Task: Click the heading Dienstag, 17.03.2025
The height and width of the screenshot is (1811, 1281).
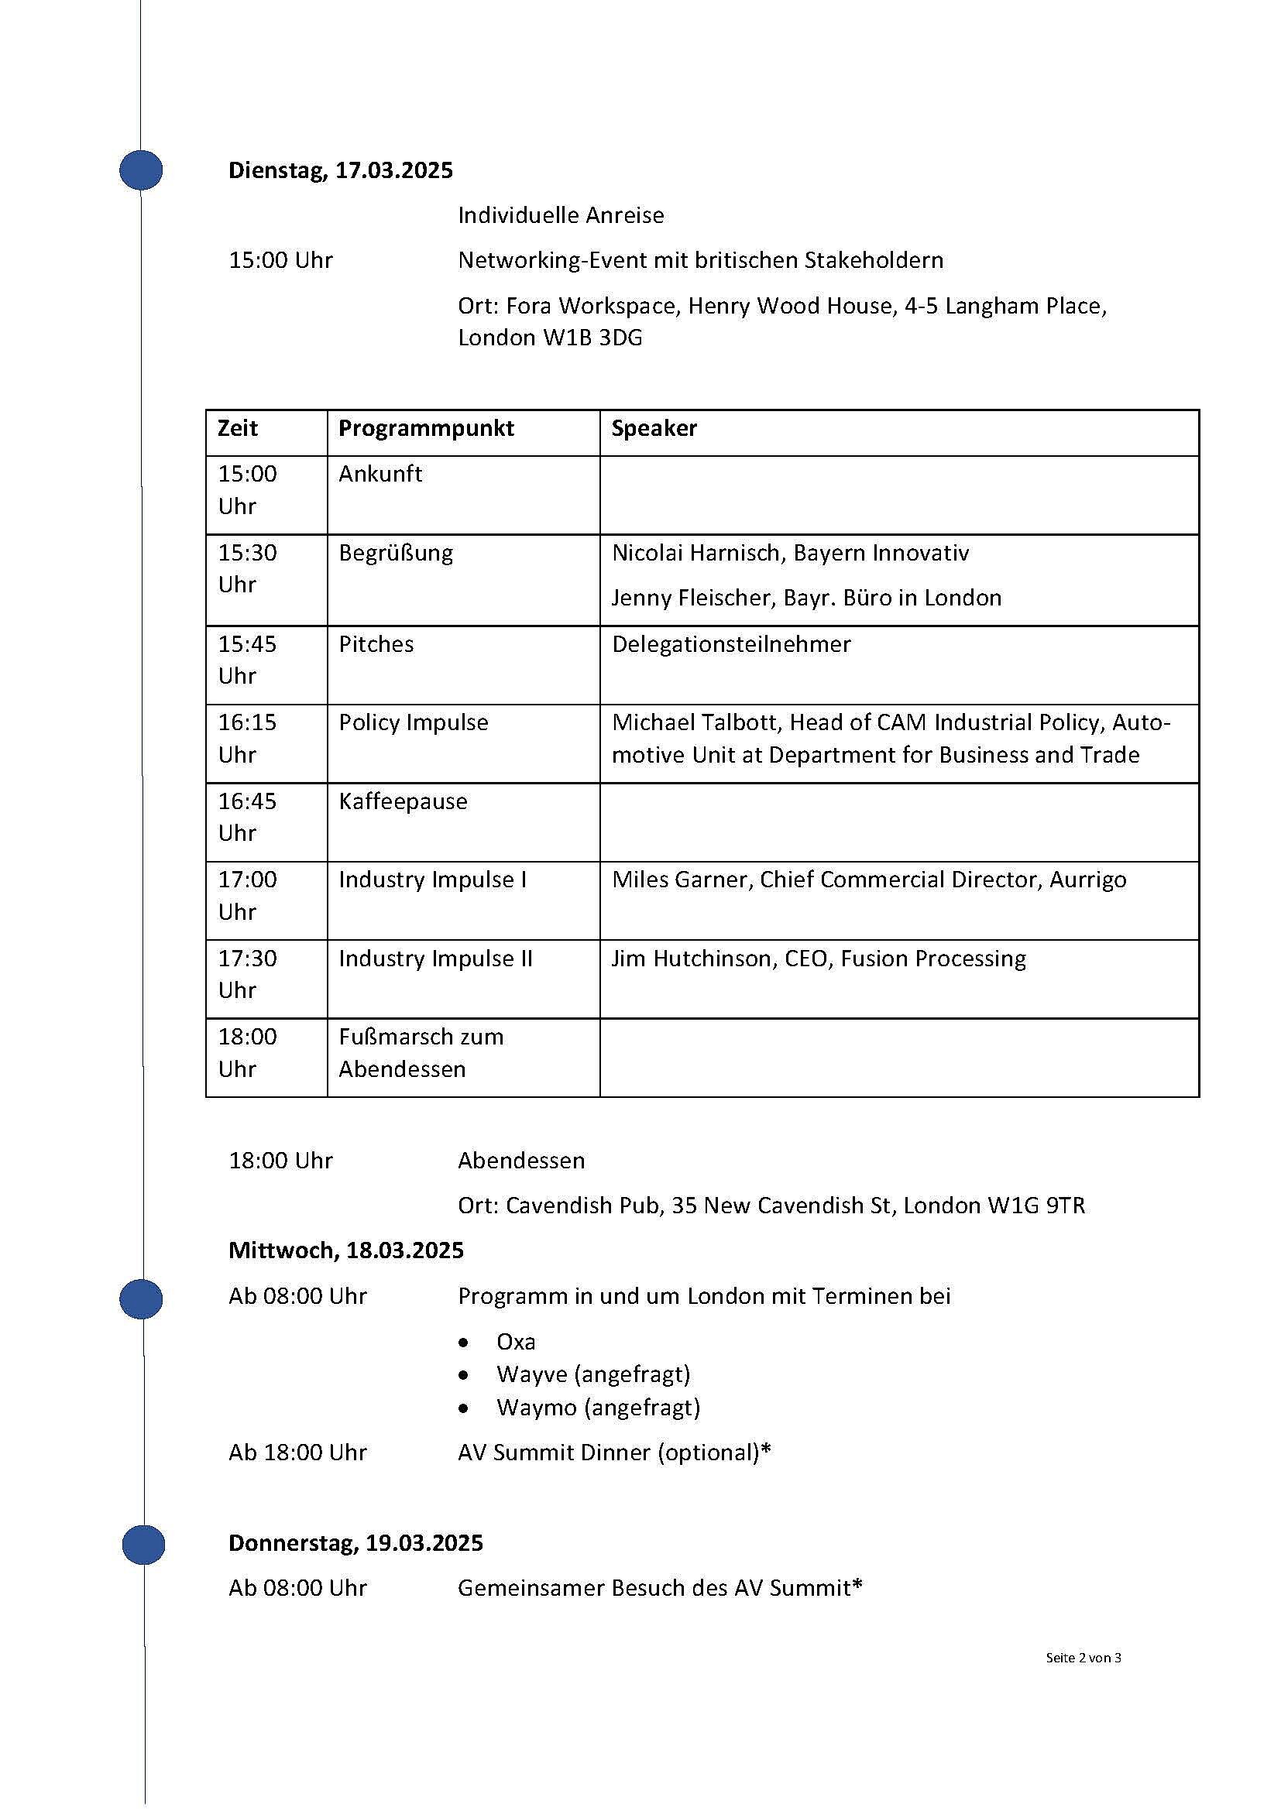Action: pos(341,170)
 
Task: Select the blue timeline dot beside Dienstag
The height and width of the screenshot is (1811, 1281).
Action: pos(141,170)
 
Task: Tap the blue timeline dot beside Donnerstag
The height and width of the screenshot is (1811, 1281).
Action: pos(143,1545)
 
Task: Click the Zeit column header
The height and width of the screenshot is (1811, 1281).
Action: pos(238,428)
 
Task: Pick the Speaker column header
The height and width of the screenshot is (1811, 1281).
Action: pos(654,428)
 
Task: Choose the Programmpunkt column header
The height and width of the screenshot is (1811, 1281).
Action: pos(426,428)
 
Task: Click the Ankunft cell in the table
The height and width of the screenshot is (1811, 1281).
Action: pos(380,474)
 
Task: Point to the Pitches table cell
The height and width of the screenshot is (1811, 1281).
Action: pos(376,644)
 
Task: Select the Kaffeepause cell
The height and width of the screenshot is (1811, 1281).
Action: pos(403,801)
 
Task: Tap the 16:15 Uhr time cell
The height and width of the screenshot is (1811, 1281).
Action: pos(247,739)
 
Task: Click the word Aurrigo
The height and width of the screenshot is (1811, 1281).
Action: pos(1087,880)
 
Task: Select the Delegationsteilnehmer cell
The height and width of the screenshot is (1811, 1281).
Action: pos(731,644)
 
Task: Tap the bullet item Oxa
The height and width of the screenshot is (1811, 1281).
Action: pos(516,1342)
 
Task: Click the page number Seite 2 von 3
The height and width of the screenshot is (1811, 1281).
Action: pos(1083,1658)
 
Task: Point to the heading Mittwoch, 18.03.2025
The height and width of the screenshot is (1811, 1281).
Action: pos(346,1250)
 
